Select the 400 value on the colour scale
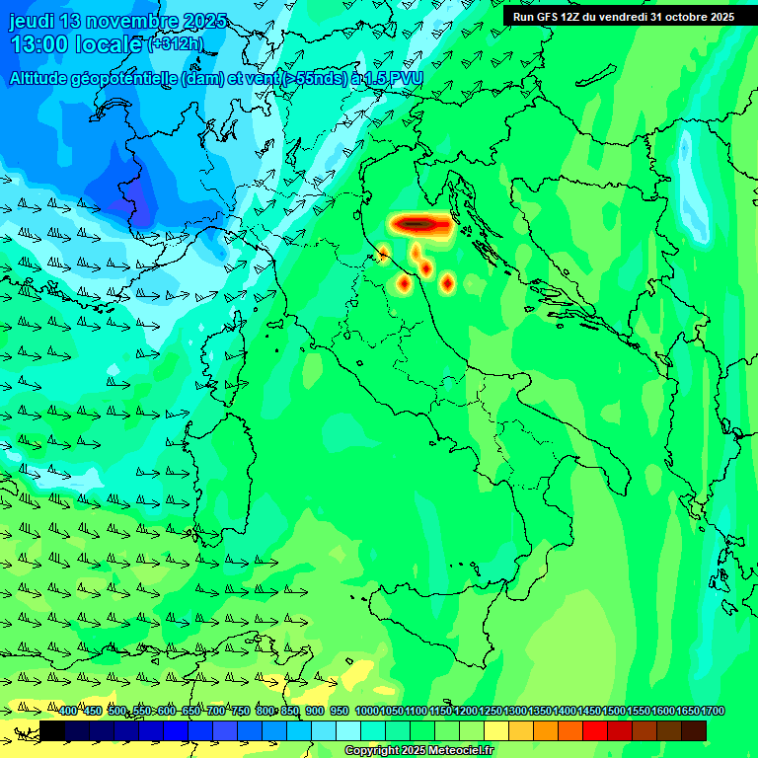(67, 711)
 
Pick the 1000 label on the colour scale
(366, 711)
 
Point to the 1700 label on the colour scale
(713, 711)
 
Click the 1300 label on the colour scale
(515, 711)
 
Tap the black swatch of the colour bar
(52, 730)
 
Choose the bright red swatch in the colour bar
(595, 730)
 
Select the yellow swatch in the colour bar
(496, 730)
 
